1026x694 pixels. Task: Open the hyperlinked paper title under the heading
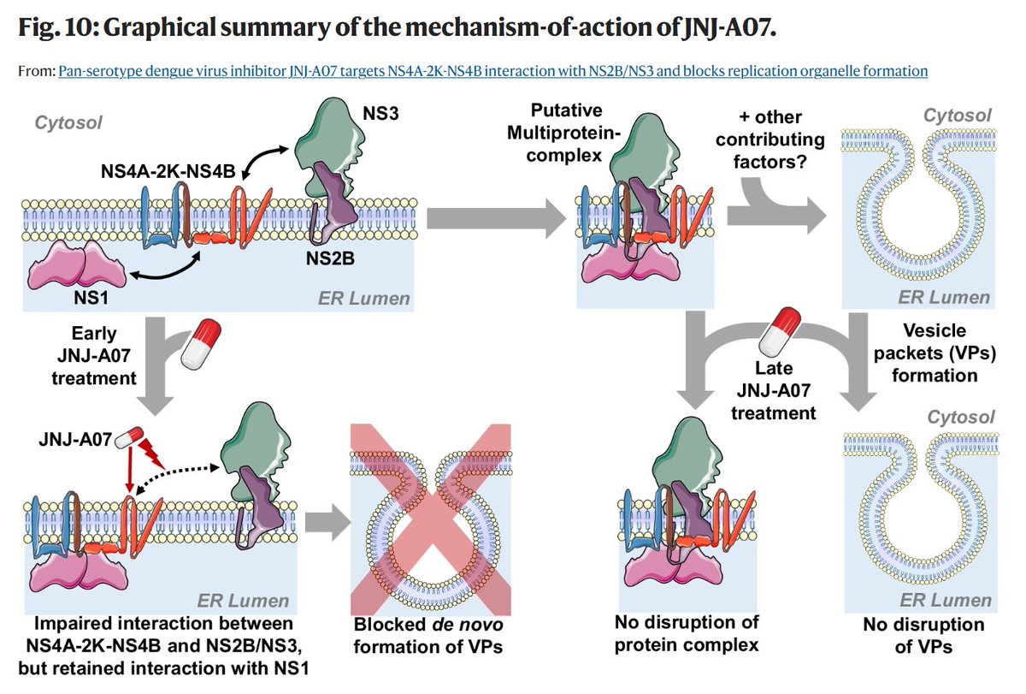[x=492, y=71]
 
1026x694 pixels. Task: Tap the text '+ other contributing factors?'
[x=773, y=139]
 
